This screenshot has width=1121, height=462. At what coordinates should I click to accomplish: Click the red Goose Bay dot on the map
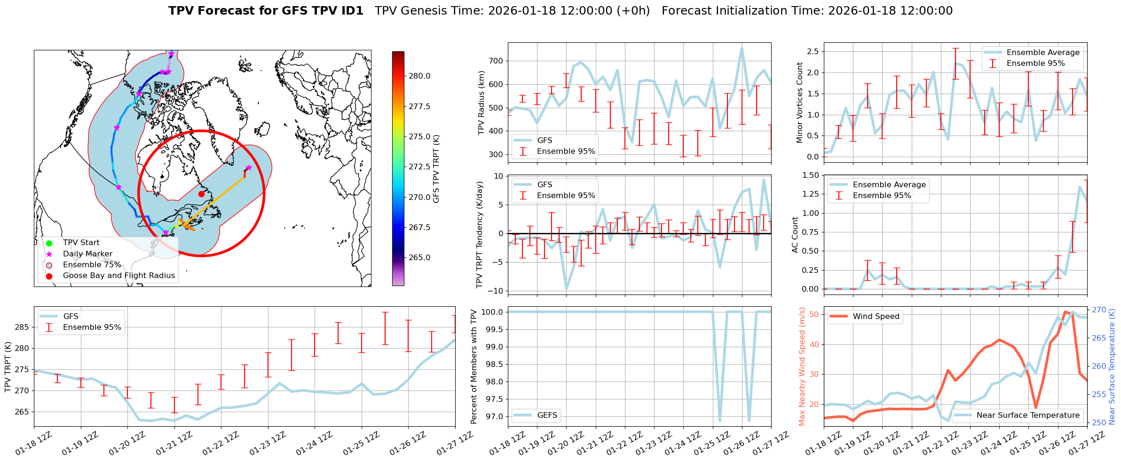[201, 194]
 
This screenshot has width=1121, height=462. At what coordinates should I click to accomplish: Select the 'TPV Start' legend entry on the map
[81, 243]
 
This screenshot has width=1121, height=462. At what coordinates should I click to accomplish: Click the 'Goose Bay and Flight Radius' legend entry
[118, 276]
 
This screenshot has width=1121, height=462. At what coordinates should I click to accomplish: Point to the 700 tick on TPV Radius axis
[496, 61]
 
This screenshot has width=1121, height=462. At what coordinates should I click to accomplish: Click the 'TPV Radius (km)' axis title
[481, 103]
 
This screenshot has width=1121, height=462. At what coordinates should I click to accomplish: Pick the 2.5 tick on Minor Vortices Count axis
[812, 51]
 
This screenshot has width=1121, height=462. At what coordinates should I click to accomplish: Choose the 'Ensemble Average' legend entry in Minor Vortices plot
[1043, 53]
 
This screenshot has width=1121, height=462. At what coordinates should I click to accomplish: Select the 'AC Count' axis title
[795, 235]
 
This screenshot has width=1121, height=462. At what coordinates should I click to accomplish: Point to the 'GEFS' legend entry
[547, 415]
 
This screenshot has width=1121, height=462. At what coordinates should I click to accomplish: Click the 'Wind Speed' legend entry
[876, 317]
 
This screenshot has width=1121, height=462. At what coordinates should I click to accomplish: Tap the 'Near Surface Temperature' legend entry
[1028, 415]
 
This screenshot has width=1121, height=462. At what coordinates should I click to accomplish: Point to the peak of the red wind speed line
[1065, 311]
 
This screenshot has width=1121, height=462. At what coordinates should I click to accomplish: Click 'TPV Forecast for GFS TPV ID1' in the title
[266, 11]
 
